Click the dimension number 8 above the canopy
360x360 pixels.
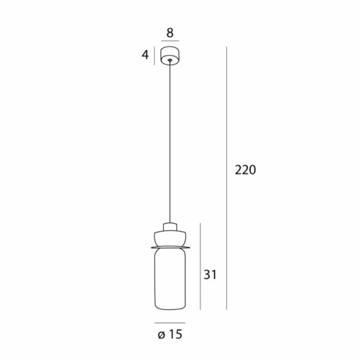click(x=170, y=33)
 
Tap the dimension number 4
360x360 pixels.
click(x=145, y=55)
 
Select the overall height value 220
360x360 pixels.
click(x=245, y=169)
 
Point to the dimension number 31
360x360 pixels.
click(x=210, y=274)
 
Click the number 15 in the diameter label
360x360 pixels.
click(x=175, y=335)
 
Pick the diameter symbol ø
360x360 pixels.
click(x=161, y=335)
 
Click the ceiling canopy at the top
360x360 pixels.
click(x=170, y=55)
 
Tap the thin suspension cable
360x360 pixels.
click(x=169, y=141)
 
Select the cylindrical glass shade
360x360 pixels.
click(x=169, y=278)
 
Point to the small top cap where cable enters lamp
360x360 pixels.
click(x=169, y=227)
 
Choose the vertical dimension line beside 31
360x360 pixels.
click(x=201, y=264)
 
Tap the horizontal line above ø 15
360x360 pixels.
click(x=169, y=322)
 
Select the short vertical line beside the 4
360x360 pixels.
click(x=155, y=55)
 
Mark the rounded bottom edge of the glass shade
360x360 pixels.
click(x=169, y=307)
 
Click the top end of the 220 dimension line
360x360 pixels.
click(x=227, y=47)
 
